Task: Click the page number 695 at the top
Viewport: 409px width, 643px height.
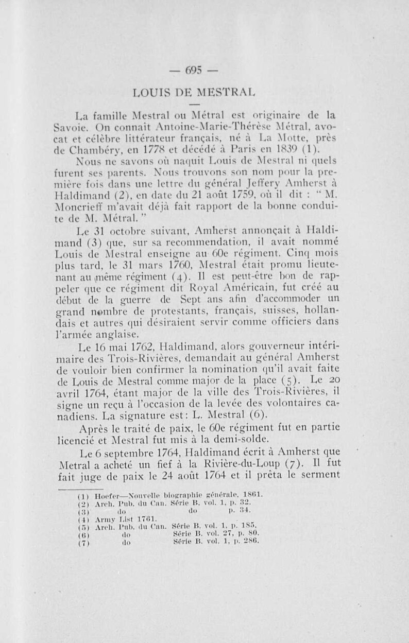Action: [x=204, y=71]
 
